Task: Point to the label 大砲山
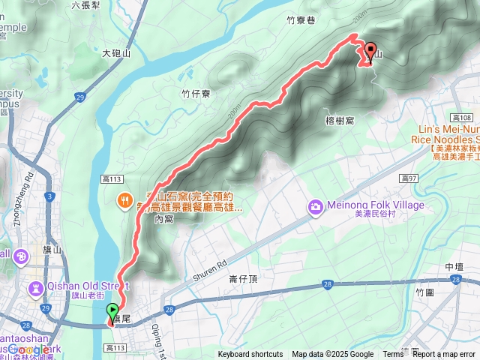[x=116, y=53]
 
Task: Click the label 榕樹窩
[x=340, y=120]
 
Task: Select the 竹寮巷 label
[x=300, y=21]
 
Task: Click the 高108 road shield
[x=463, y=118]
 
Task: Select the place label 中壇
[x=454, y=267]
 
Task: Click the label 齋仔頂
[x=244, y=278]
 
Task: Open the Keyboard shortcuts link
[x=250, y=355]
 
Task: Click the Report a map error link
[x=444, y=355]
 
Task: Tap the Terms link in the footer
[x=393, y=355]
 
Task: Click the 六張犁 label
[x=86, y=4]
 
